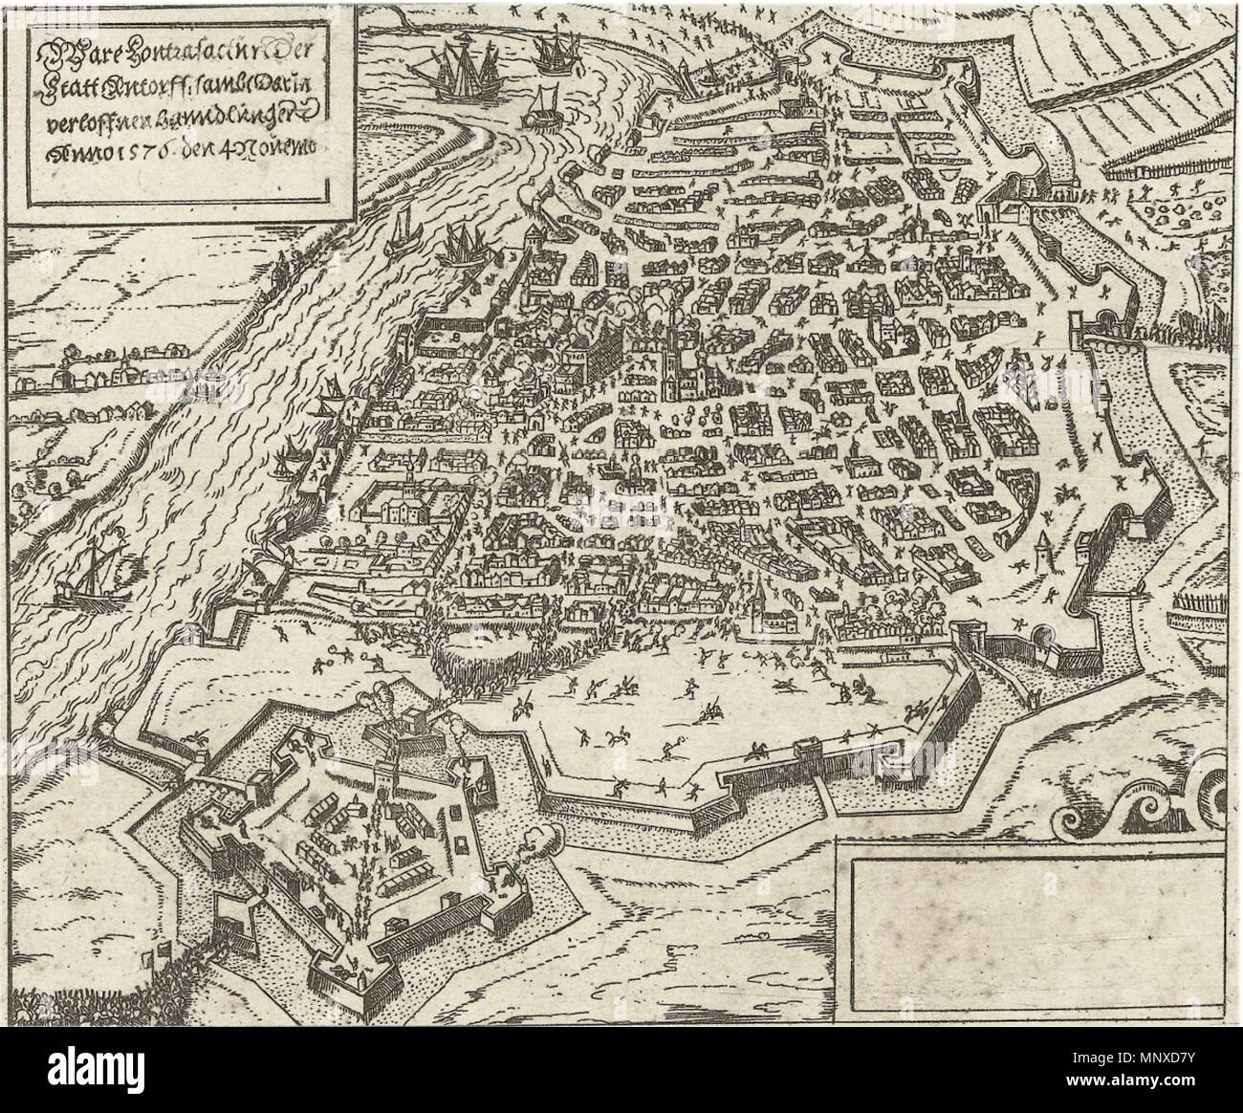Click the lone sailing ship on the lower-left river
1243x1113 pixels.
[91, 574]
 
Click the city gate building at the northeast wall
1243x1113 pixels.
[1004, 206]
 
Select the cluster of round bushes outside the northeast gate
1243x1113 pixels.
[1167, 206]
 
